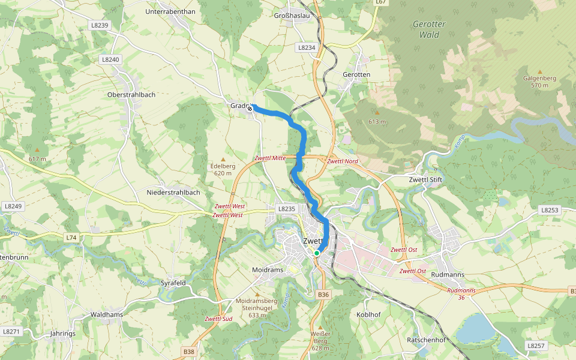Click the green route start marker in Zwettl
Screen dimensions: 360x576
coord(316,253)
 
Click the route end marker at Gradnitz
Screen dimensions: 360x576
coord(250,109)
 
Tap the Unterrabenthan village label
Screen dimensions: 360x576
coord(170,11)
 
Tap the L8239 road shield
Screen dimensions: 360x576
coord(101,25)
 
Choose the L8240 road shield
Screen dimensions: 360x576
coord(111,59)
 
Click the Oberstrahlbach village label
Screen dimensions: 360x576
coord(131,95)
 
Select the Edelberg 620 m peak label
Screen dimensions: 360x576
coord(223,170)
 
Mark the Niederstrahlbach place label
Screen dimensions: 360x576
coord(173,193)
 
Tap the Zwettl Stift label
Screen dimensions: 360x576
coord(425,179)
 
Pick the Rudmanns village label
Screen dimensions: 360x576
coord(448,275)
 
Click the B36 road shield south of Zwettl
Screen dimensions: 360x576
coord(323,295)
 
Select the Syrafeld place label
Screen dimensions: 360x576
coord(173,283)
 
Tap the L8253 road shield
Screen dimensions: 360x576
coord(550,210)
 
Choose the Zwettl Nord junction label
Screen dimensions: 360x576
coord(343,161)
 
